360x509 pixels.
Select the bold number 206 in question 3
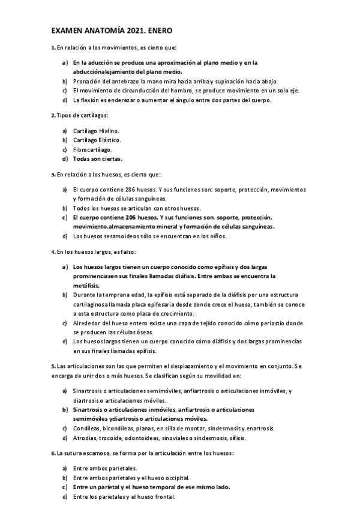pyautogui.click(x=129, y=217)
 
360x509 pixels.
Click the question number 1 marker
pyautogui.click(x=53, y=47)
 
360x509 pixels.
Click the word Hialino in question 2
pyautogui.click(x=109, y=130)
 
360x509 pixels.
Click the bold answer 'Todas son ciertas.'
pyautogui.click(x=98, y=159)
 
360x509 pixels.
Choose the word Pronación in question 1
pyautogui.click(x=88, y=81)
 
